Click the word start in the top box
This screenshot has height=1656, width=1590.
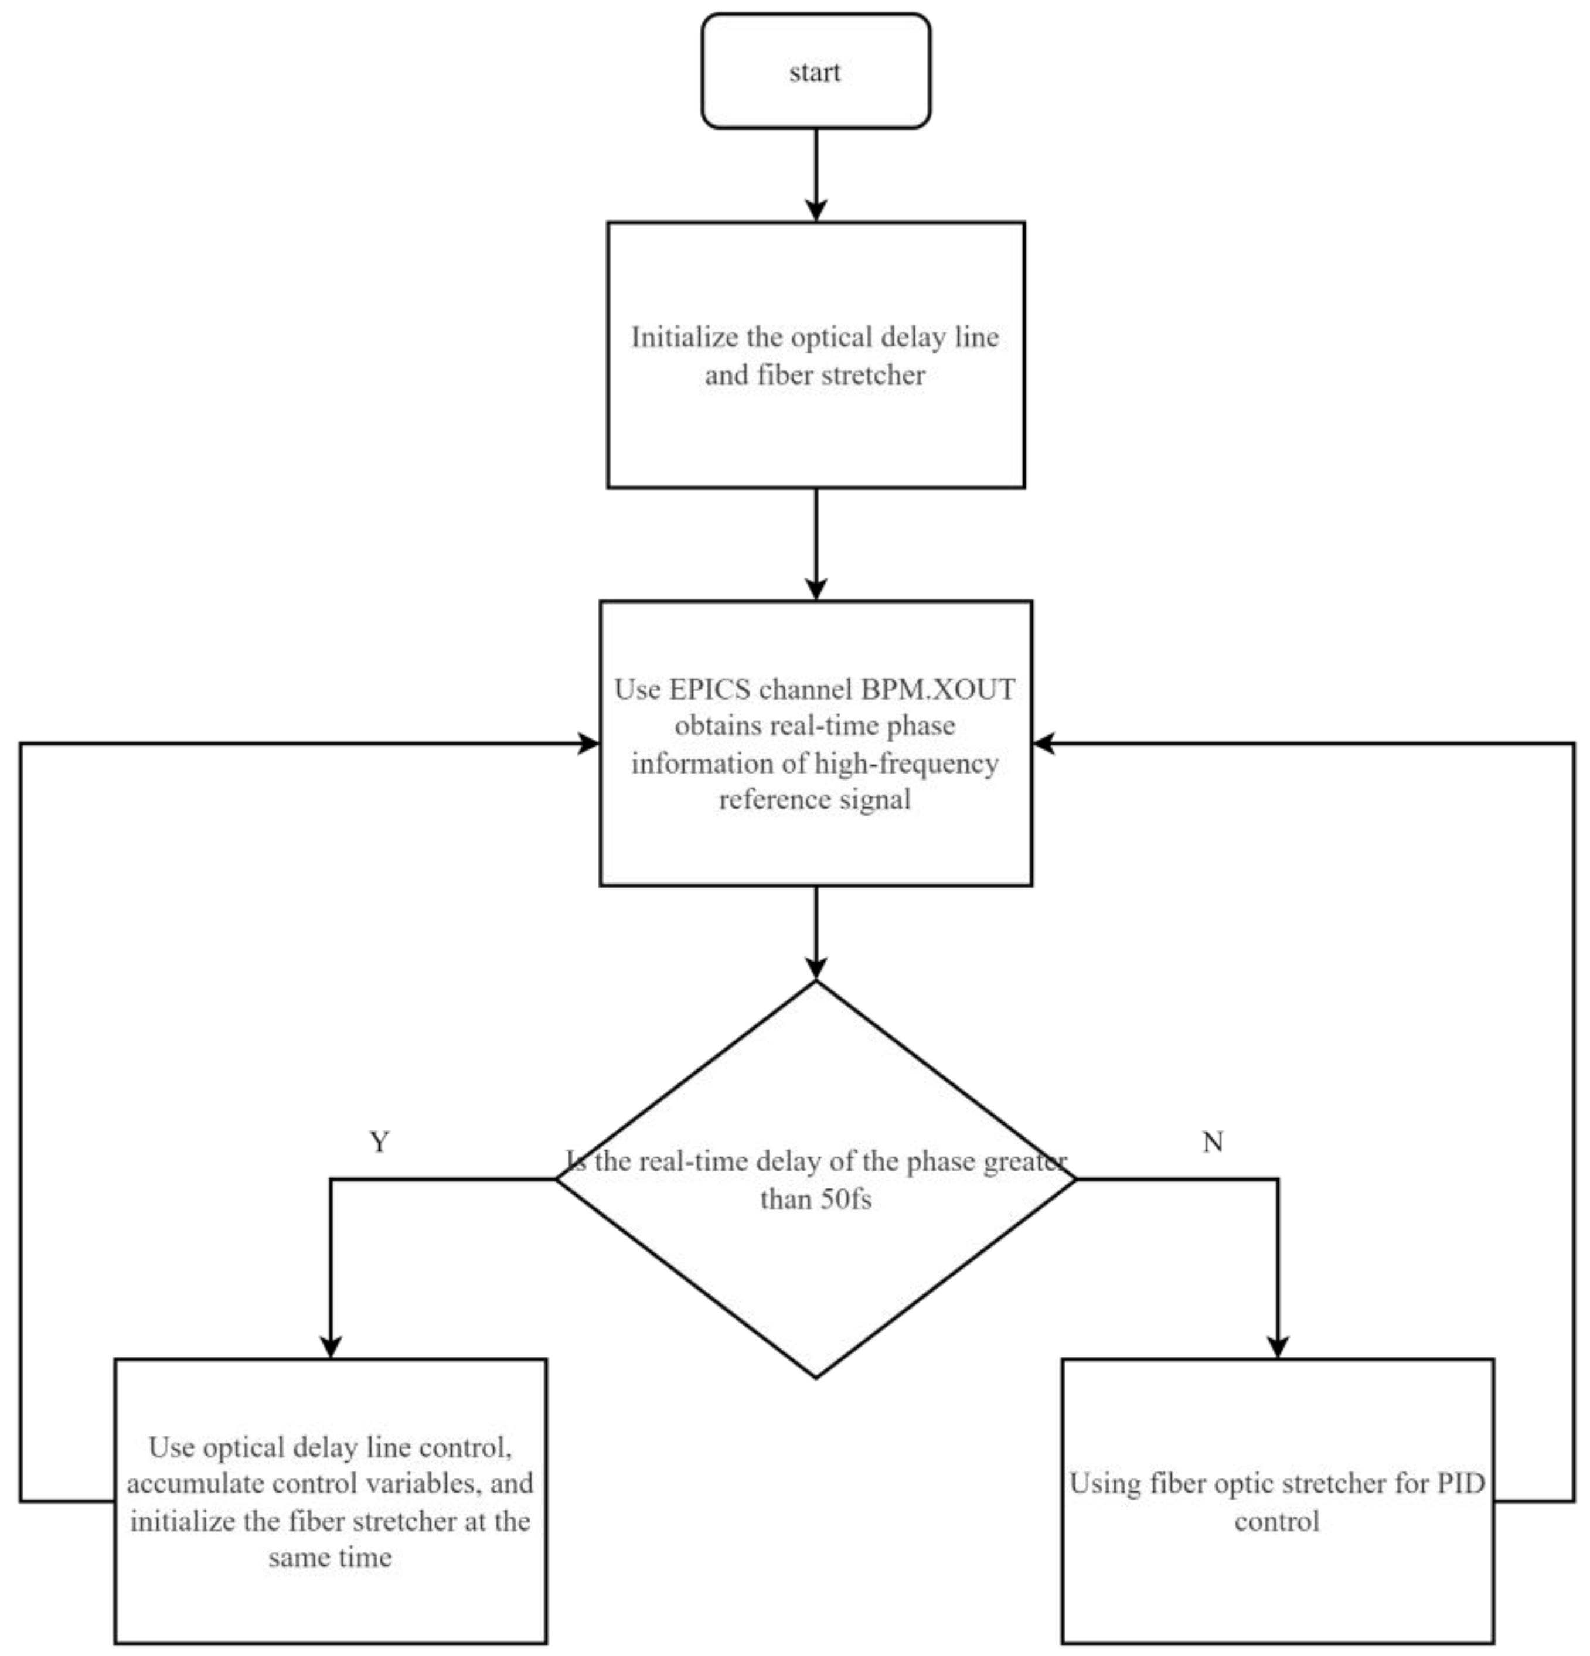click(815, 73)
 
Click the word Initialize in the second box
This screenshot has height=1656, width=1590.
click(683, 338)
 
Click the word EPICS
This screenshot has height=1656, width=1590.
click(710, 690)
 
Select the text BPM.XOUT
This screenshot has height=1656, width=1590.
click(937, 690)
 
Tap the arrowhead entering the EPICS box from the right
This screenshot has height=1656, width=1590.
click(1045, 744)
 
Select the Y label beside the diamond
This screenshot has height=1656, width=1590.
click(379, 1142)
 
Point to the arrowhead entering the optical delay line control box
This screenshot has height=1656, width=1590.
click(331, 1345)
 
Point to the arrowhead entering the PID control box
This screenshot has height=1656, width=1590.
click(1278, 1345)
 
